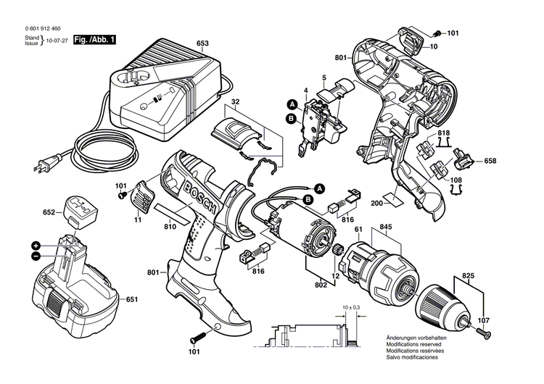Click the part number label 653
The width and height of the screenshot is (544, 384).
202,43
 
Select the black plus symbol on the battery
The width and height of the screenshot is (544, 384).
36,246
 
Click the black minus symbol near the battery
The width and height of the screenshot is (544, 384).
36,256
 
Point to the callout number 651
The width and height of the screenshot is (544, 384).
132,299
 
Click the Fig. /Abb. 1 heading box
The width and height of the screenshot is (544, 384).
94,40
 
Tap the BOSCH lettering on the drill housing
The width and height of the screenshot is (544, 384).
200,199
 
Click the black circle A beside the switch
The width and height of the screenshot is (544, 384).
292,104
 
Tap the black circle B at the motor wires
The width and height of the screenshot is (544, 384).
308,200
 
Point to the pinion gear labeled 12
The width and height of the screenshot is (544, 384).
338,249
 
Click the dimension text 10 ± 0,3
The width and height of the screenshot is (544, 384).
352,307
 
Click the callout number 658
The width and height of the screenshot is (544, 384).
490,161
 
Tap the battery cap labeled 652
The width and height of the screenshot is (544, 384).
81,212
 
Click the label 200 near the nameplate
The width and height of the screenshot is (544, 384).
376,203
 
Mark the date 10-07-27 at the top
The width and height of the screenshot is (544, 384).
57,41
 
